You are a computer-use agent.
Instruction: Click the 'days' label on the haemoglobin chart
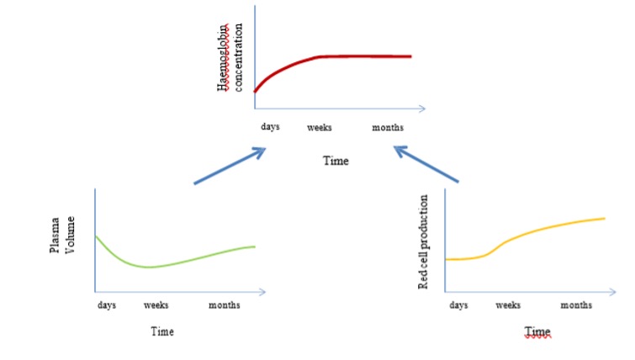pyautogui.click(x=269, y=127)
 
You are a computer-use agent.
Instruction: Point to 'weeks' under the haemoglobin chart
pyautogui.click(x=319, y=127)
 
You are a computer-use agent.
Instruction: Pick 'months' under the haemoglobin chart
pyautogui.click(x=388, y=127)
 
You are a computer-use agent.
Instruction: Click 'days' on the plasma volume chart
pyautogui.click(x=107, y=304)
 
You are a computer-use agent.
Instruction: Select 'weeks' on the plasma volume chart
pyautogui.click(x=156, y=304)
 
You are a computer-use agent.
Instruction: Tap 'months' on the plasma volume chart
pyautogui.click(x=225, y=304)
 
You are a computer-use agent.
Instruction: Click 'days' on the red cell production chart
pyautogui.click(x=458, y=304)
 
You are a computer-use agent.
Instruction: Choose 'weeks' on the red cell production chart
pyautogui.click(x=508, y=304)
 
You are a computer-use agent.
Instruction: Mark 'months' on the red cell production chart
pyautogui.click(x=576, y=304)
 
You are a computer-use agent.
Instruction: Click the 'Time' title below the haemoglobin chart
pyautogui.click(x=336, y=160)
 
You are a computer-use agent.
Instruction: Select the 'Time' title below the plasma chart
pyautogui.click(x=162, y=331)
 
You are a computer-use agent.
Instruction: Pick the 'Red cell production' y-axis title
pyautogui.click(x=424, y=242)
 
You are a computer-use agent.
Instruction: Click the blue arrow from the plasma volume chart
pyautogui.click(x=230, y=166)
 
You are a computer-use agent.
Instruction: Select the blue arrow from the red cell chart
pyautogui.click(x=427, y=165)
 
